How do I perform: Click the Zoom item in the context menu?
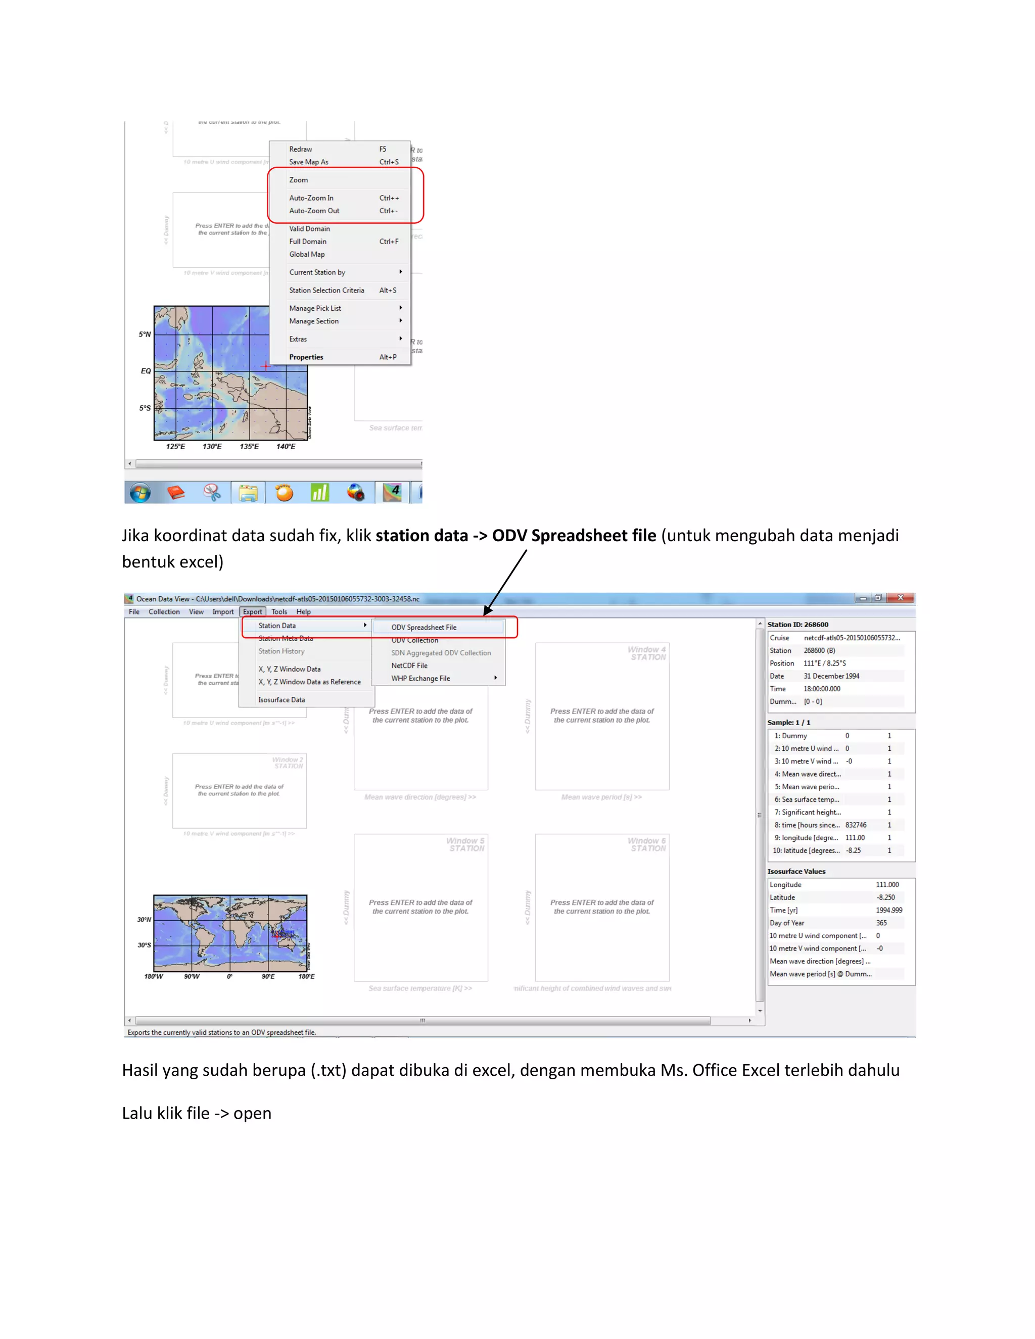pyautogui.click(x=299, y=180)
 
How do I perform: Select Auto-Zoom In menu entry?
pyautogui.click(x=311, y=198)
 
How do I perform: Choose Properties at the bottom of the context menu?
pyautogui.click(x=306, y=357)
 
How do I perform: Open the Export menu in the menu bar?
pyautogui.click(x=252, y=612)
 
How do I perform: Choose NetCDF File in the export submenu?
pyautogui.click(x=409, y=666)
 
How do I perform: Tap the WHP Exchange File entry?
pyautogui.click(x=420, y=679)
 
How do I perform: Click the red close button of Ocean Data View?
pyautogui.click(x=900, y=598)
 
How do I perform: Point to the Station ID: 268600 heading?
pyautogui.click(x=797, y=625)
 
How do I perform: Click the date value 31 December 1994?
pyautogui.click(x=831, y=676)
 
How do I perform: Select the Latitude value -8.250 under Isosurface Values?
pyautogui.click(x=885, y=897)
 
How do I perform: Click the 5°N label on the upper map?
pyautogui.click(x=145, y=334)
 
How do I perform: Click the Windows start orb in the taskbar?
pyautogui.click(x=140, y=492)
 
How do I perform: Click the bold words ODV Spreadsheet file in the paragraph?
pyautogui.click(x=574, y=536)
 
